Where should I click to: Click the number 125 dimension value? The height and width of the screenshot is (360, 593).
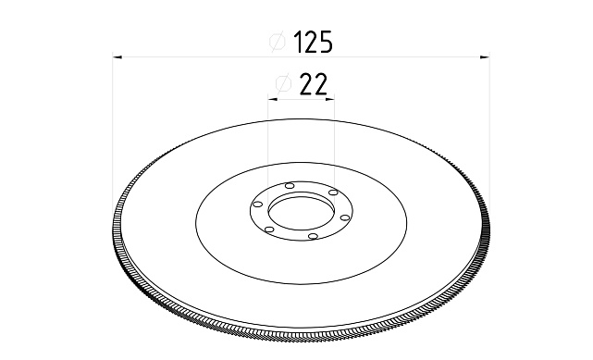pyautogui.click(x=313, y=42)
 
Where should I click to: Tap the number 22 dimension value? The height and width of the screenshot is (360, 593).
pyautogui.click(x=313, y=84)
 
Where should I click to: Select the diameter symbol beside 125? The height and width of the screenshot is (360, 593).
pyautogui.click(x=277, y=42)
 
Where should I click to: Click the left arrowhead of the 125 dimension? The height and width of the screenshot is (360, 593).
pyautogui.click(x=117, y=57)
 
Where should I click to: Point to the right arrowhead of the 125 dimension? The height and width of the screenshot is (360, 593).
pyautogui.click(x=485, y=57)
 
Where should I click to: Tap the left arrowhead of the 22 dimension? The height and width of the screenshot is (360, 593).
pyautogui.click(x=273, y=99)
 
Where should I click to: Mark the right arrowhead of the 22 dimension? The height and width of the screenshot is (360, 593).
pyautogui.click(x=329, y=99)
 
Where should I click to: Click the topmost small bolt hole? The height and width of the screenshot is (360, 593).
pyautogui.click(x=290, y=186)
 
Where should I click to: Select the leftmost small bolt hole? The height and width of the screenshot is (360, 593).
pyautogui.click(x=257, y=205)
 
